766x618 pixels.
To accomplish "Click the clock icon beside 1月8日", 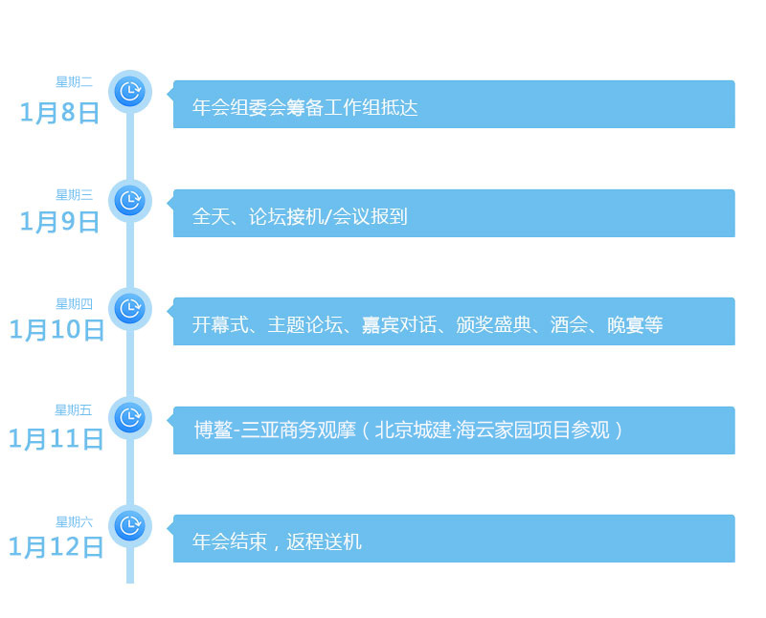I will coord(129,92).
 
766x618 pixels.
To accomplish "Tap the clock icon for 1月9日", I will coord(129,201).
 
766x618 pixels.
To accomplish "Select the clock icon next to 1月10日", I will coord(129,309).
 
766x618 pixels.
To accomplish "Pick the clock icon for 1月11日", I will coord(129,417).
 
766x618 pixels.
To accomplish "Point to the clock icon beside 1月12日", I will coord(129,525).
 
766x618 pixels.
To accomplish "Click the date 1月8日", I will coord(60,113).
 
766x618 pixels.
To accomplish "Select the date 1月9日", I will coord(60,222).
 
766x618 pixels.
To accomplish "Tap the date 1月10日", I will coord(56,330).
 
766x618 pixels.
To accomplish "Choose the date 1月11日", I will coord(56,439).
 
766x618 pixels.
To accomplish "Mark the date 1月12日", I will coord(56,547).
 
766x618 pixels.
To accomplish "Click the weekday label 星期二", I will coord(74,82).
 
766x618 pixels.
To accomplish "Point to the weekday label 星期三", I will coord(74,195).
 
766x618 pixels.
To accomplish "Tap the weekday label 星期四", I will coord(74,304).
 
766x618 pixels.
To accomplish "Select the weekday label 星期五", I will coord(74,410).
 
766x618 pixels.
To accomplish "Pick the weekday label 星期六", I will coord(74,522).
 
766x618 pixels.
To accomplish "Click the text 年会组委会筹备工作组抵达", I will coord(305,108).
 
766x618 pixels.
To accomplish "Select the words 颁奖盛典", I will coord(493,325).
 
